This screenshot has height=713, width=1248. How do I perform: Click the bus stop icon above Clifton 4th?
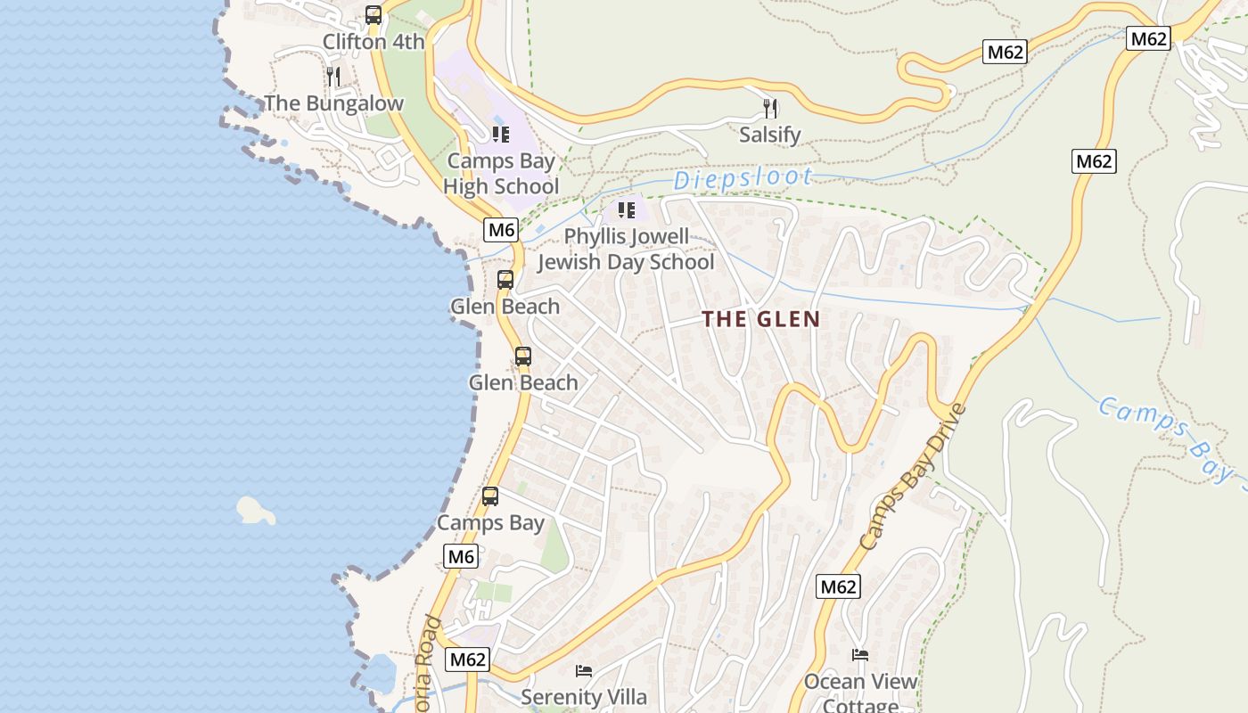tap(374, 15)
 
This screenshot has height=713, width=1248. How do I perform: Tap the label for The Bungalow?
tap(334, 103)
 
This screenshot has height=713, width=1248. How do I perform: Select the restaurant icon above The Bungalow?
tap(333, 76)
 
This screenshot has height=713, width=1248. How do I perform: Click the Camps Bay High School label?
tap(501, 174)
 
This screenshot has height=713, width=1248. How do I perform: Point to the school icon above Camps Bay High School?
tap(501, 135)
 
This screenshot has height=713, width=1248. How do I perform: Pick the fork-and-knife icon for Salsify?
tap(770, 109)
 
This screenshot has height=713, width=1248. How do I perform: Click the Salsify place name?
tap(770, 135)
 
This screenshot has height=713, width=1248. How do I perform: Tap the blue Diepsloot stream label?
tap(743, 178)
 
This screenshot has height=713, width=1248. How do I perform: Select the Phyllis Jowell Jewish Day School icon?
tap(627, 210)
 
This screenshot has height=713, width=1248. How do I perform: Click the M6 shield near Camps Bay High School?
tap(502, 230)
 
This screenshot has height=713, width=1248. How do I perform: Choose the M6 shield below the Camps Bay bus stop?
tap(461, 557)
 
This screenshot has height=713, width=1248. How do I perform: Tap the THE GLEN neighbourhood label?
tap(760, 319)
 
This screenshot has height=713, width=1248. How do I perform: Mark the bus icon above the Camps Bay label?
tap(490, 496)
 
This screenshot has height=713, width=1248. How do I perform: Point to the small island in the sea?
tap(255, 511)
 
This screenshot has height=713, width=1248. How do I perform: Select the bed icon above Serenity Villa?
tap(584, 670)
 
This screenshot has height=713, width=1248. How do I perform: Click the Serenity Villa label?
tap(584, 697)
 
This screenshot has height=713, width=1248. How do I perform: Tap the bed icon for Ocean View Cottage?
tap(860, 655)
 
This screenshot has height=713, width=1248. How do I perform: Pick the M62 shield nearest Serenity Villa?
tap(468, 660)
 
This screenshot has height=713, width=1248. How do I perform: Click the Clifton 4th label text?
tap(374, 42)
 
